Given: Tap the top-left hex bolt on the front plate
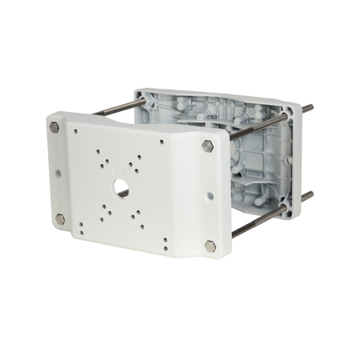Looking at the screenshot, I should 57,129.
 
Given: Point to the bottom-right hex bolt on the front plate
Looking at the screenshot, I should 209,246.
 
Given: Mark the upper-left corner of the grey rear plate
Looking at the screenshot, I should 135,89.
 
